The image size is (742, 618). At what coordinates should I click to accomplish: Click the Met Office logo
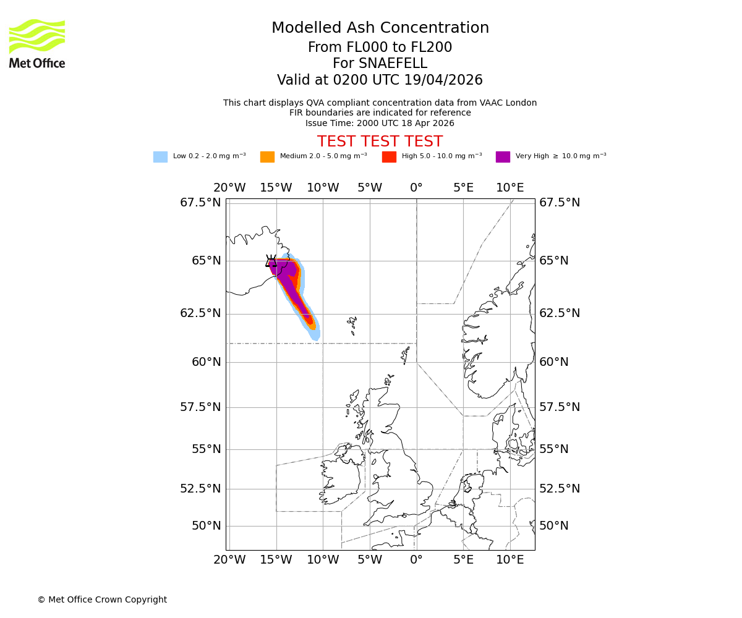point(37,43)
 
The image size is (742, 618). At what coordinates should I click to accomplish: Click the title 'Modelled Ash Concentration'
point(380,28)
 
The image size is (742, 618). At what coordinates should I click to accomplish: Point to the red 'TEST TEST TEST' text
point(380,142)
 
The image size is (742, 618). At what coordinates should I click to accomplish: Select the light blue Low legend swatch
point(160,157)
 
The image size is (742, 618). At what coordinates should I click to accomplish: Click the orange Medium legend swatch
point(267,157)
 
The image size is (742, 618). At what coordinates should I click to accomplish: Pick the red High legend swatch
point(389,157)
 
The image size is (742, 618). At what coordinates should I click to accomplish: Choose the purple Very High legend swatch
point(503,157)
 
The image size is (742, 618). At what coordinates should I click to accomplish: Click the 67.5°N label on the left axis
point(200,203)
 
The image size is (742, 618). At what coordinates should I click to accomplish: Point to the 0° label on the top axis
point(416,188)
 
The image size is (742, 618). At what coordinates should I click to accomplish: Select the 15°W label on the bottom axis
point(276,561)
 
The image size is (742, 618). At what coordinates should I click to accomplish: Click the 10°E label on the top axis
point(510,188)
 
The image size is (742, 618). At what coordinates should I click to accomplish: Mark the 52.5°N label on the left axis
point(200,489)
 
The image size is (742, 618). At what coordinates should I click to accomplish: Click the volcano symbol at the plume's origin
point(271,261)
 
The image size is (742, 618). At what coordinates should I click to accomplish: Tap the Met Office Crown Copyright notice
point(102,600)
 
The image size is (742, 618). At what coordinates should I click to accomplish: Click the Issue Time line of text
point(380,123)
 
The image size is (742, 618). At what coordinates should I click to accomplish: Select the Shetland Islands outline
point(406,355)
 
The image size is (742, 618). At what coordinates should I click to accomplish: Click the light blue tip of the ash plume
point(315,336)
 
